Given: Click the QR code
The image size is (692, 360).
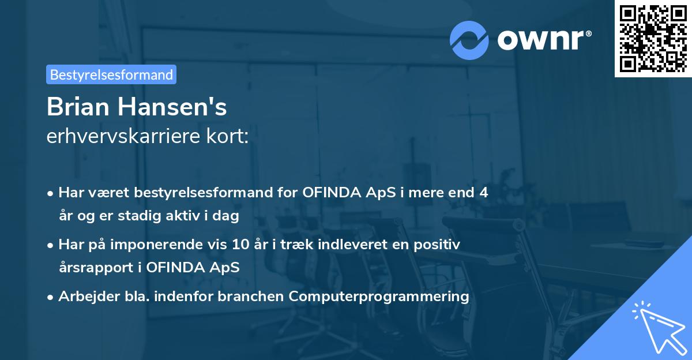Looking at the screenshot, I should [x=653, y=39].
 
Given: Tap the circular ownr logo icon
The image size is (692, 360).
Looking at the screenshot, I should [x=469, y=40].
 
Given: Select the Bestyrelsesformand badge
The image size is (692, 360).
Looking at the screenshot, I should [x=111, y=74].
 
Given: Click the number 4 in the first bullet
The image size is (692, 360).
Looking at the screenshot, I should [x=483, y=192].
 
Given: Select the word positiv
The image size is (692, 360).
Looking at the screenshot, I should [x=440, y=244].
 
